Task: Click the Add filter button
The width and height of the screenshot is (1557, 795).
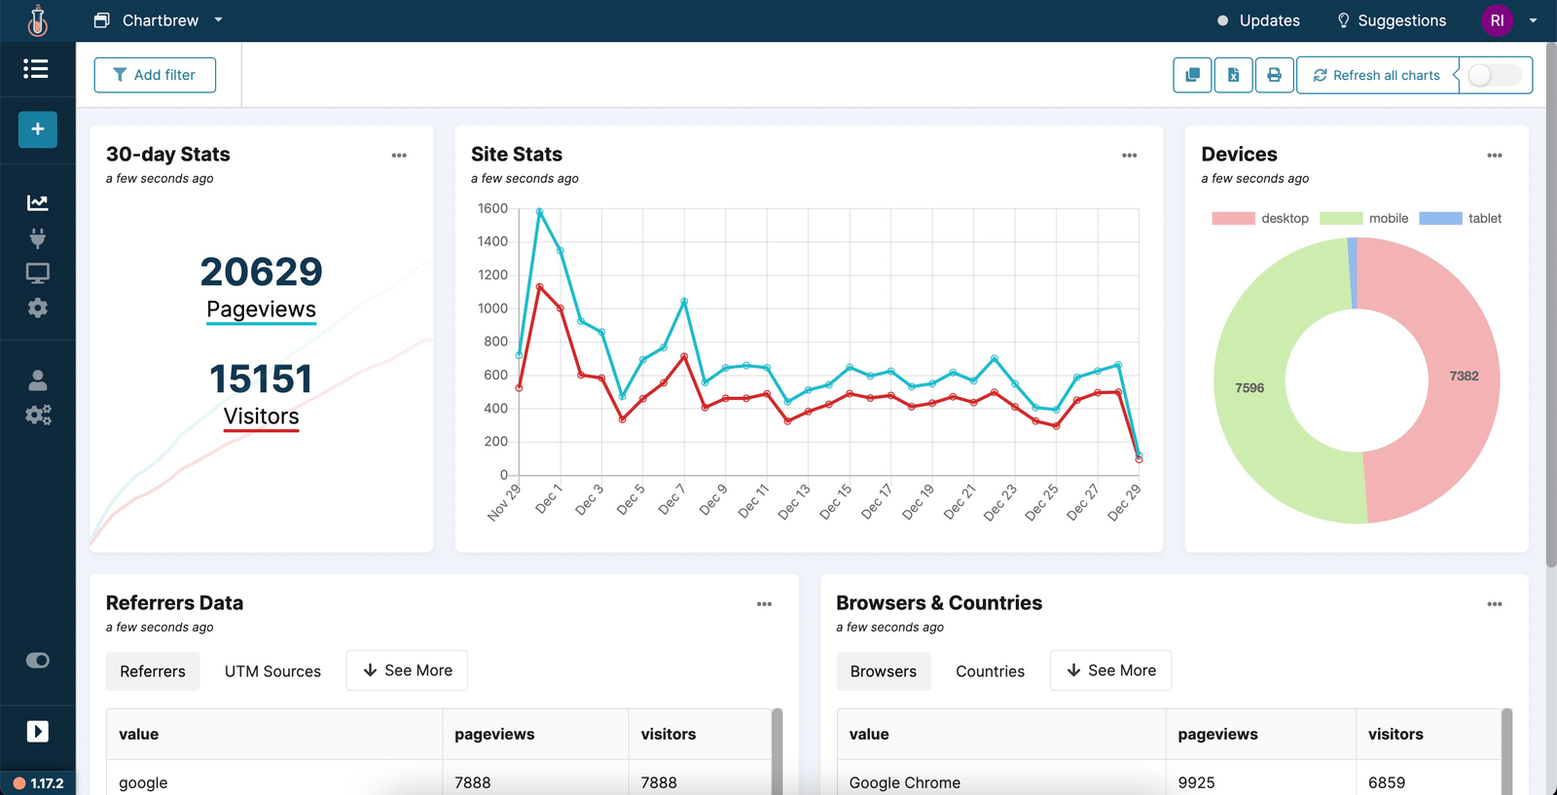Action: [x=155, y=75]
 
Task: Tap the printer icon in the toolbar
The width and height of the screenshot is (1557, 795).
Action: [x=1274, y=75]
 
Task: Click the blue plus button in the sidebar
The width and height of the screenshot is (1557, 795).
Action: [x=37, y=129]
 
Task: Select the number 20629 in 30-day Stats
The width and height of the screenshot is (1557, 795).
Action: [x=261, y=271]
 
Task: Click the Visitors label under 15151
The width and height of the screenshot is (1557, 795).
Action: [x=261, y=416]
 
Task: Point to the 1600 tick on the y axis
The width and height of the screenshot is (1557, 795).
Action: [x=492, y=208]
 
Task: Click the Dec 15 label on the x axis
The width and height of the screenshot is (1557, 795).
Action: [x=835, y=502]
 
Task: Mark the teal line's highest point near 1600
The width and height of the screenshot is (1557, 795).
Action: [x=539, y=211]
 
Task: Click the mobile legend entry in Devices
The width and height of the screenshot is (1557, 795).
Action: [x=1388, y=218]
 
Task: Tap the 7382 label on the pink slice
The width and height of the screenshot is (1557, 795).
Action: [x=1464, y=376]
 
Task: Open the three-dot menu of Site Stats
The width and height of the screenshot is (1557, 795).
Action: [x=1129, y=156]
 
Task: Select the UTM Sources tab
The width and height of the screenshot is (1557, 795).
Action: [x=272, y=671]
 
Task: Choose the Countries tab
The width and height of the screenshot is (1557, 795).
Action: [x=990, y=671]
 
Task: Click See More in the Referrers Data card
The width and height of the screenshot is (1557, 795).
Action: [x=407, y=670]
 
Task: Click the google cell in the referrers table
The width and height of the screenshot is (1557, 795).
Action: [x=143, y=782]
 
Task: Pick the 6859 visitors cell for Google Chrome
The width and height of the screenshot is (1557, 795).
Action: [x=1386, y=782]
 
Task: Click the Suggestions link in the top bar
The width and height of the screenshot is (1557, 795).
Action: [x=1392, y=20]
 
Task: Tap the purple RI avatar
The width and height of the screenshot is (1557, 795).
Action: [x=1497, y=20]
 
